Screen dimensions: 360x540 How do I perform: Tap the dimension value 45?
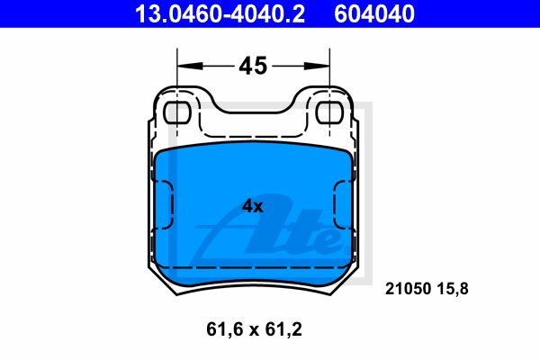coord(252,66)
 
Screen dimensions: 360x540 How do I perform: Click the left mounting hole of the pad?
coord(178,112)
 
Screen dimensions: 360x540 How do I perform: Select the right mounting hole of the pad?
coord(329,112)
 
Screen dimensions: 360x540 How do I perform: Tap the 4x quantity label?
coord(252,206)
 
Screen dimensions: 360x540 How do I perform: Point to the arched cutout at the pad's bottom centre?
coord(254,286)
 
